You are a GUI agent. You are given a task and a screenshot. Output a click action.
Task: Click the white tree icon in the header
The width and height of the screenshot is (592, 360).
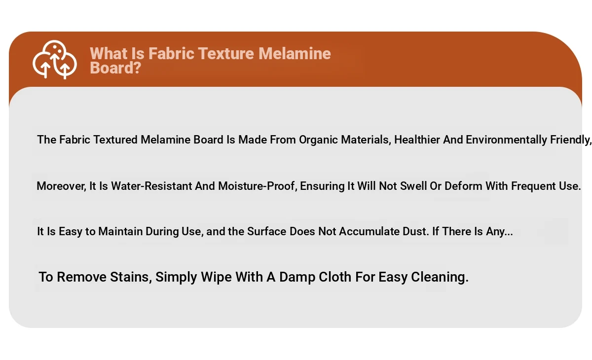[x=55, y=60]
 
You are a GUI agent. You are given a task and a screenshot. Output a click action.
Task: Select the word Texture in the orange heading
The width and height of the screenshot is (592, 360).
[x=226, y=54]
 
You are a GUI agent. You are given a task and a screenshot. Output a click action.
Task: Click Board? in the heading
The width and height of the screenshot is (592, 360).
[x=115, y=68]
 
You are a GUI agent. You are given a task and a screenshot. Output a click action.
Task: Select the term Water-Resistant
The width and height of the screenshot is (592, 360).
[x=152, y=186]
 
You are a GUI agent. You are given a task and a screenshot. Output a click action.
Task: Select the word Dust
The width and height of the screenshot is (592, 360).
[x=416, y=231]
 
